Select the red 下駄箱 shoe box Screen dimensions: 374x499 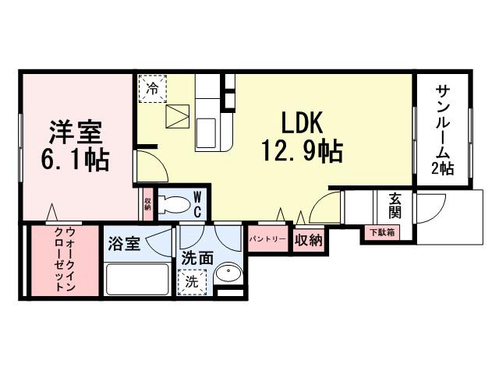pos(381,231)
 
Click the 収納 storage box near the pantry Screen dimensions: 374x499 pos(309,240)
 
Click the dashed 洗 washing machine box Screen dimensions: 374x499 pos(191,283)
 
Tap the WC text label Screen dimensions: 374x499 pos(197,205)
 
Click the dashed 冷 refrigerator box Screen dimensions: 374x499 pos(152,89)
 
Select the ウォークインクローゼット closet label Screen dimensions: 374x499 pos(65,260)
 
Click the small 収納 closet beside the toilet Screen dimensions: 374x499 pos(147,204)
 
